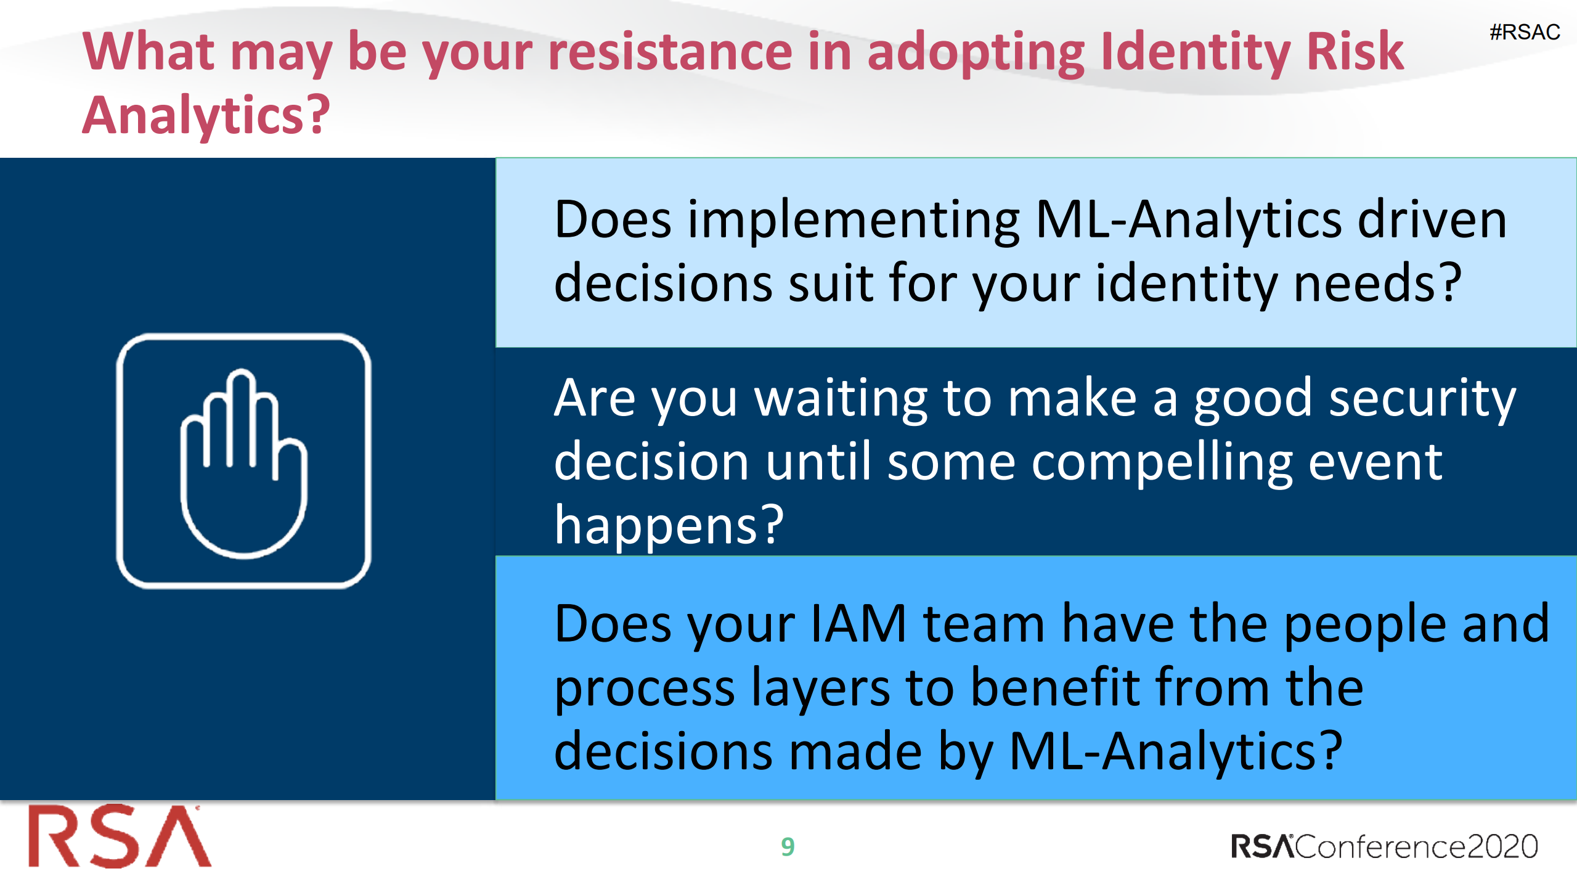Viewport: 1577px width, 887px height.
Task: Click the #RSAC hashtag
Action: (1524, 32)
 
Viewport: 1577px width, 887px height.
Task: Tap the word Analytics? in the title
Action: (206, 116)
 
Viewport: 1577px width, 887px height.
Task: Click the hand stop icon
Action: (244, 461)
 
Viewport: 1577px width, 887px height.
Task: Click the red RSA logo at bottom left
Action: (120, 837)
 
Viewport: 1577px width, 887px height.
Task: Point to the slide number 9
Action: (788, 847)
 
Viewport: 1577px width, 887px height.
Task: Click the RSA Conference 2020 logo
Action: (1383, 847)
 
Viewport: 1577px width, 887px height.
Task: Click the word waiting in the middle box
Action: (841, 399)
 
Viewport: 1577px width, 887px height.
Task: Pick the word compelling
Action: (1161, 464)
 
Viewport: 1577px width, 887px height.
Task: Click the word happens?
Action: (669, 526)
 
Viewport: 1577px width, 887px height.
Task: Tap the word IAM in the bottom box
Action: (858, 624)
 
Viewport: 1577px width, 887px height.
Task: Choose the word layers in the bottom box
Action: (820, 689)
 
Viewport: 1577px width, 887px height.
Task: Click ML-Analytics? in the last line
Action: (1175, 752)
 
